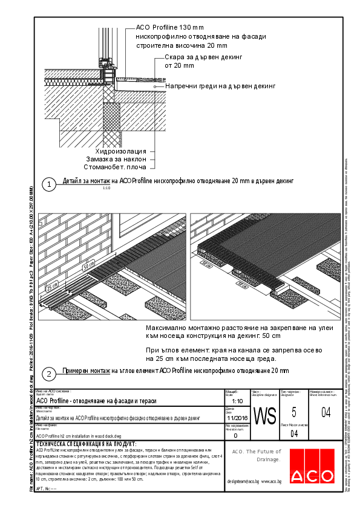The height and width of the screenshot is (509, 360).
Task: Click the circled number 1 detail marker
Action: (48, 183)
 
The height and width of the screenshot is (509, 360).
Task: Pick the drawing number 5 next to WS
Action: (293, 413)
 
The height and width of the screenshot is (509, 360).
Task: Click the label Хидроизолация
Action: (121, 151)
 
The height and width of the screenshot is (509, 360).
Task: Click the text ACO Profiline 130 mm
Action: (170, 27)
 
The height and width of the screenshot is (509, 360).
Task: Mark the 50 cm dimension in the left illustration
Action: (88, 265)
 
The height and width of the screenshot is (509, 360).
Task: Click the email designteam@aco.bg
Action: (243, 481)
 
